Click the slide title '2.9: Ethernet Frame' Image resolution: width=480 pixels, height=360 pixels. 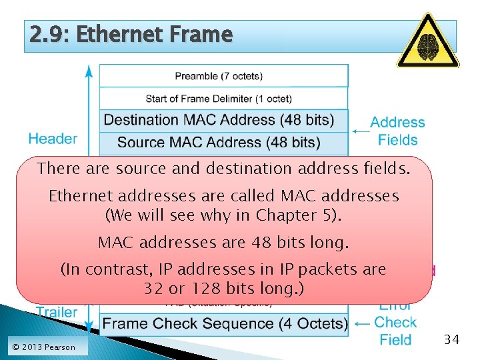point(131,34)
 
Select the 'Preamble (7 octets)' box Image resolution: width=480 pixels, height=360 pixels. point(223,76)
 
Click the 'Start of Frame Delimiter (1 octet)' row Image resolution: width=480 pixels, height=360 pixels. point(223,99)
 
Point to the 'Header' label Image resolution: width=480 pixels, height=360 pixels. point(53,139)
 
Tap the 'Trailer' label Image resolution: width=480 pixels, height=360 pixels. point(57,312)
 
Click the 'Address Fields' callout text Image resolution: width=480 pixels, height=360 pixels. point(397,131)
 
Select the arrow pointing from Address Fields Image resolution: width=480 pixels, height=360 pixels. point(361,131)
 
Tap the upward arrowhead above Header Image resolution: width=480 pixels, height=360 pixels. point(89,69)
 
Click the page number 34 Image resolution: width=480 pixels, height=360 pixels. point(451,340)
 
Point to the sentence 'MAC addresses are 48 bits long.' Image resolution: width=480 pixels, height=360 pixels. point(223,243)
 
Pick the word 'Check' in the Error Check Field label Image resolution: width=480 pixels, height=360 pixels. point(395,323)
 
